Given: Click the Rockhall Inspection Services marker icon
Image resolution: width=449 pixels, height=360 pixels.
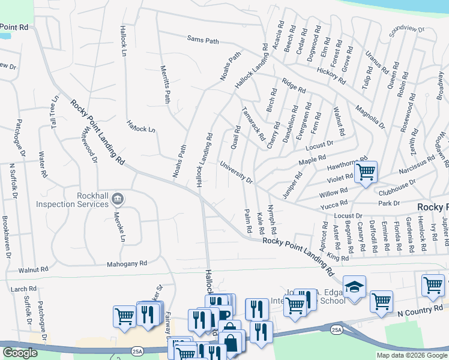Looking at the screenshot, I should pos(118,198).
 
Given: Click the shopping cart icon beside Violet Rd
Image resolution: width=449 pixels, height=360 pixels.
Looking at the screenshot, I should pos(366,172).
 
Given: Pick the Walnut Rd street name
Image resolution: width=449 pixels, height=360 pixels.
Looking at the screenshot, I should pos(32,270).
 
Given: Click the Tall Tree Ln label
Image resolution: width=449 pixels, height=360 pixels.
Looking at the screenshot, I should pos(55,110).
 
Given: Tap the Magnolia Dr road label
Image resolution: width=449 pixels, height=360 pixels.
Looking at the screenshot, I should pos(370,116).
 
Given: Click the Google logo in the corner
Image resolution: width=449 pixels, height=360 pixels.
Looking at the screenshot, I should pos(20,353).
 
